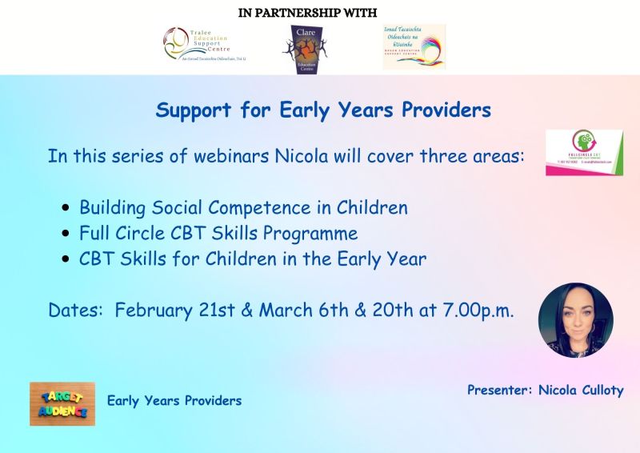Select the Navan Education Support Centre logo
[x=414, y=46]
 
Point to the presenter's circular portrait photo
[x=575, y=319]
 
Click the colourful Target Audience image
[x=62, y=403]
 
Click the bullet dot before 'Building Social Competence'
[x=66, y=209]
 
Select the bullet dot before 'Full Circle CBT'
[x=66, y=235]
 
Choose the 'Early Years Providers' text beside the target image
[x=174, y=400]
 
